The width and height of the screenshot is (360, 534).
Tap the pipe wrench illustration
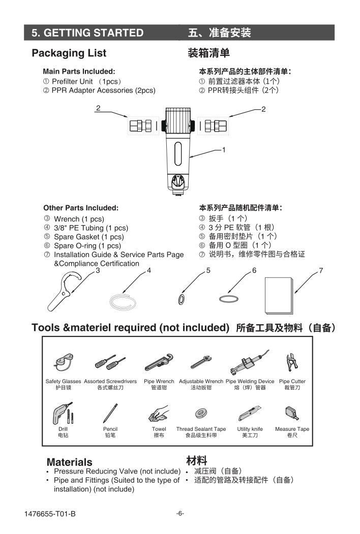159,363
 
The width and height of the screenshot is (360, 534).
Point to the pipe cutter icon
292,362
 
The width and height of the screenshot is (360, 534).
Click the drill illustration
63,413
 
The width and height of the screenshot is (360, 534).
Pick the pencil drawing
110,413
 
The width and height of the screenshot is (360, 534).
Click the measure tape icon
292,413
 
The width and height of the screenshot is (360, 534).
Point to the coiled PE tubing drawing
122,300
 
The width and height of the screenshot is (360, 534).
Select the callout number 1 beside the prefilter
223,150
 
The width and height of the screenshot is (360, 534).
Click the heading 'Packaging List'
69,53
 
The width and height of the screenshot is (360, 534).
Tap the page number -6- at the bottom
180,513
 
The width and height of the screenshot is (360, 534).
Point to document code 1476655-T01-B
50,514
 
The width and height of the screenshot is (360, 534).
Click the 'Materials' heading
70,462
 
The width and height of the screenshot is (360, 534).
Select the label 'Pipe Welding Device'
250,381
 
